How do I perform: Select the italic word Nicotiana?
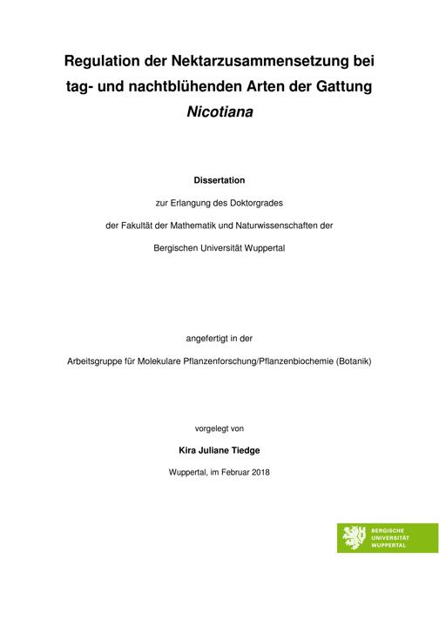click(219, 112)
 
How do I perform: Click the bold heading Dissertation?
click(219, 181)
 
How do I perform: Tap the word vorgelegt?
click(213, 428)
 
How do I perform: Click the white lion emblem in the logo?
click(355, 537)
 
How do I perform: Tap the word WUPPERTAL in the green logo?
click(389, 544)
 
